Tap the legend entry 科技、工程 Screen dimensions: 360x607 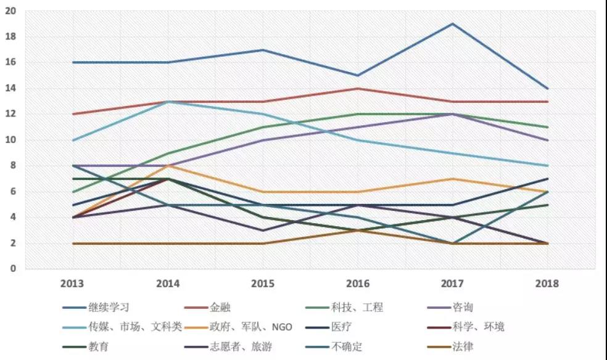[x=357, y=307]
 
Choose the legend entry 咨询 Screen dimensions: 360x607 [x=463, y=307]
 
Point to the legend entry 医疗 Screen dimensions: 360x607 [x=342, y=327]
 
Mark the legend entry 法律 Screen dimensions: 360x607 [x=463, y=346]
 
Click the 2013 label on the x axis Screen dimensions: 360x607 [x=73, y=284]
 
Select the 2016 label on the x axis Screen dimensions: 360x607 [x=358, y=284]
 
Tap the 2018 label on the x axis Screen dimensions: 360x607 [x=548, y=284]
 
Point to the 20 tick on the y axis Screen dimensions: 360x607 [x=12, y=11]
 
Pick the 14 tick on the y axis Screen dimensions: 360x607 [x=12, y=89]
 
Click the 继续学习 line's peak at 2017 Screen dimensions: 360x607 [x=453, y=24]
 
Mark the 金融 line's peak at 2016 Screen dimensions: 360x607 [x=358, y=89]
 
